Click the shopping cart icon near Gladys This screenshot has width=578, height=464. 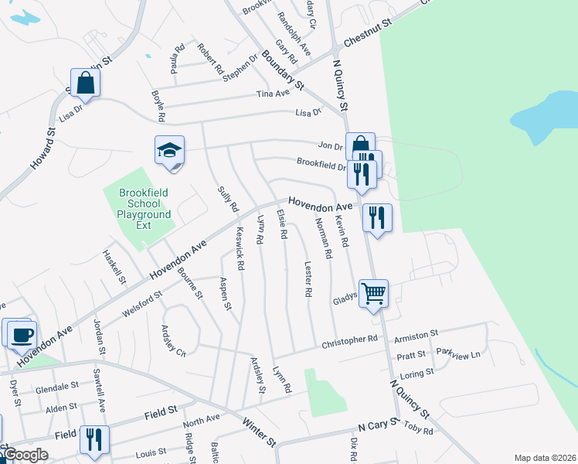pos(373,294)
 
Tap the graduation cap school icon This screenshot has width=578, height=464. pos(170,150)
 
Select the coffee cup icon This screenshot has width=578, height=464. pos(20,334)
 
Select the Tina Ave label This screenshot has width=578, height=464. pos(273,93)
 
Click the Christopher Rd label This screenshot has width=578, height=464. pos(349,339)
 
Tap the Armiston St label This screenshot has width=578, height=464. pos(416,334)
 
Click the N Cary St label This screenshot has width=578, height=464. pos(377,426)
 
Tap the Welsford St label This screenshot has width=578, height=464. pos(142,305)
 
